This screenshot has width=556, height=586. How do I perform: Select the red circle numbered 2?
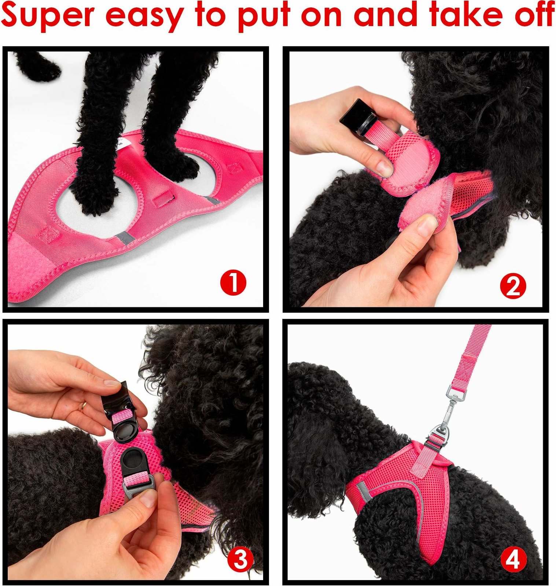pos(513,286)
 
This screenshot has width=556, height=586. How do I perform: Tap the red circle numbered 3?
pos(240,560)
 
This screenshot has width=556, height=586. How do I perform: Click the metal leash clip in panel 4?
pos(453,407)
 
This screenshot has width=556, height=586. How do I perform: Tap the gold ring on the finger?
pos(84,405)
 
